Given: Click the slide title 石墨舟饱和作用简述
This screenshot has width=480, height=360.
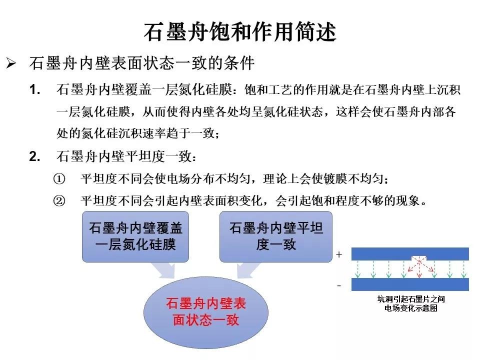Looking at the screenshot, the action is coord(240,32).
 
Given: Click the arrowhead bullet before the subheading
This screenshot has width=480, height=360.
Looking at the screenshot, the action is coord(11,63).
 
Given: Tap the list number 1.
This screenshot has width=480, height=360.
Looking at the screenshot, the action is coord(34,89).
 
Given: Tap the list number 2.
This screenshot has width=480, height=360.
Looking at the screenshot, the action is coord(34,156).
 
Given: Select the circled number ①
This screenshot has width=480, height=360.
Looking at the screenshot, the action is coord(59,179).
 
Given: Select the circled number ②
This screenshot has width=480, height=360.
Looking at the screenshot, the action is coord(59,201).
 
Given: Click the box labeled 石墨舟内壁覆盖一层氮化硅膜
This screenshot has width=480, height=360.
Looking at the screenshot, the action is coord(135,236).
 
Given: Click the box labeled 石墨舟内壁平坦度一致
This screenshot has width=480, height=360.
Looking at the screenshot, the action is coord(276,236).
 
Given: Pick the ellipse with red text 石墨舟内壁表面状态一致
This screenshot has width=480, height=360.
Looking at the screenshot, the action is coord(206,312).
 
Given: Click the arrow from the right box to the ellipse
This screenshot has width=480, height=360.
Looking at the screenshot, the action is coord(247,270).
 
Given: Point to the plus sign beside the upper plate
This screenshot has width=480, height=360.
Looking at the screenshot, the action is coord(339,254).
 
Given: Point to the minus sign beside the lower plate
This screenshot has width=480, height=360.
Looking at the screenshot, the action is coord(339,286).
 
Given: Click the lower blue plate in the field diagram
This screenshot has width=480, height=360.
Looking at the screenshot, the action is coord(410,284).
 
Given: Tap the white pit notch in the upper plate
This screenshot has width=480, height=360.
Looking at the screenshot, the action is coord(419,258).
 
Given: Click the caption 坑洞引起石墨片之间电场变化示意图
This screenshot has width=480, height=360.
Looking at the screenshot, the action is coord(411,303).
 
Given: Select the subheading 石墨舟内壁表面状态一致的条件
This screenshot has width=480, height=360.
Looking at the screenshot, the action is coord(141,63).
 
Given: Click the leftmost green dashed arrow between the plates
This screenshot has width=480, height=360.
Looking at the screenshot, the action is coord(358,269).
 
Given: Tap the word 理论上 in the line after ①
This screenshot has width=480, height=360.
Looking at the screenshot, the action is coord(280,179).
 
